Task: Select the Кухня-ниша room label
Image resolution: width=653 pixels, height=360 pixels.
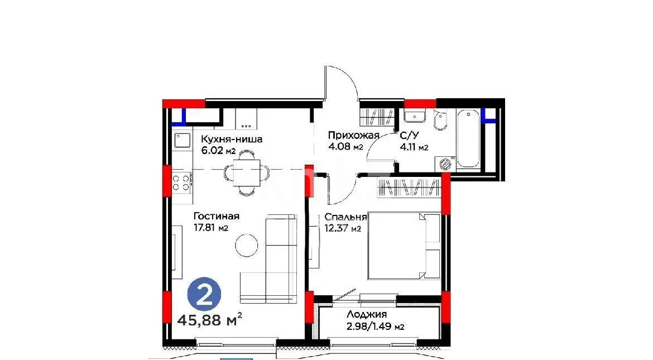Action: point(232,140)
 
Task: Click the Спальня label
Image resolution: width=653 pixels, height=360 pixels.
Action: point(345,217)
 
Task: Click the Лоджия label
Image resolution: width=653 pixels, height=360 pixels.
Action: point(366,315)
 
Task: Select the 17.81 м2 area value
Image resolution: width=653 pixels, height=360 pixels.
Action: point(210,228)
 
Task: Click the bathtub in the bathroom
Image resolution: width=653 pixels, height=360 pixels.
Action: point(468,139)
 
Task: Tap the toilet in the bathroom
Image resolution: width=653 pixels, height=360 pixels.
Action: point(440,121)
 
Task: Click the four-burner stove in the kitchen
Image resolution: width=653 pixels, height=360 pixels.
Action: point(181,183)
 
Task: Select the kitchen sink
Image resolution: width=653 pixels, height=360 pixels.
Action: point(182,141)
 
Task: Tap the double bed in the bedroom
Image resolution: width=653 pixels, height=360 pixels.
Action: point(404,246)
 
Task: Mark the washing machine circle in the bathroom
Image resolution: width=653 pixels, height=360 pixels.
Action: point(446,164)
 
